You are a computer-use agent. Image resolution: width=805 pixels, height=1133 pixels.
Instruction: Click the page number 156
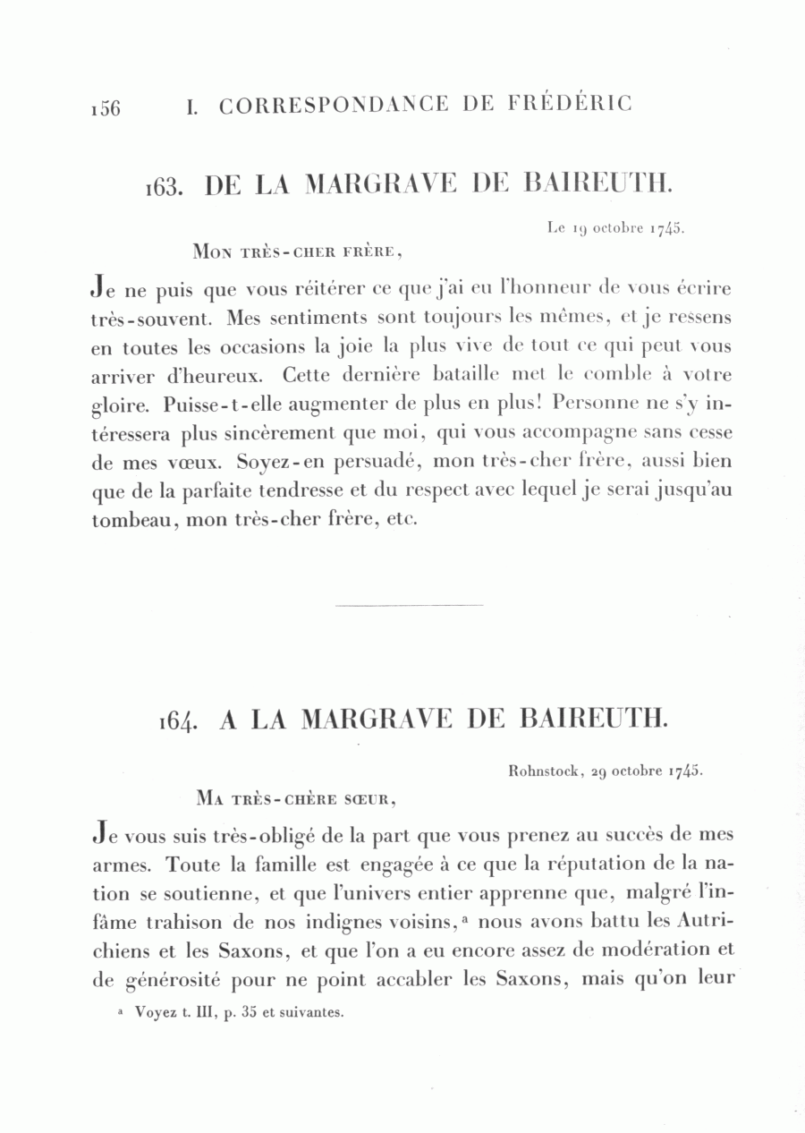(x=105, y=107)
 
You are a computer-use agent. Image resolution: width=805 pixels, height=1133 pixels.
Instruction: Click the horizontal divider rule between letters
(x=409, y=606)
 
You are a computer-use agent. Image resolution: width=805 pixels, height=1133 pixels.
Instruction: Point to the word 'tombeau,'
(x=134, y=520)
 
